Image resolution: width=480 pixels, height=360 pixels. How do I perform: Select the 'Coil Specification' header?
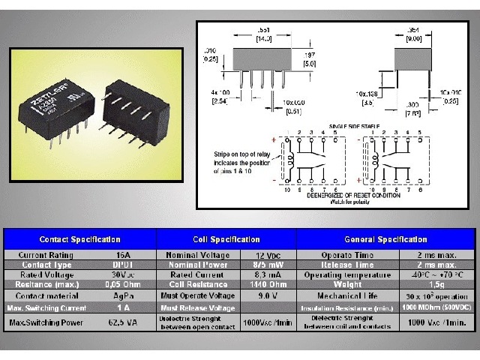click(226, 239)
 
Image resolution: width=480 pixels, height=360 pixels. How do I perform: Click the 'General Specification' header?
click(385, 239)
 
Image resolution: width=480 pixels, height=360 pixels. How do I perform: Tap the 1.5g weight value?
click(436, 284)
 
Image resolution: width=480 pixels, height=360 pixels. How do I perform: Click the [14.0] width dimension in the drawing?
click(264, 37)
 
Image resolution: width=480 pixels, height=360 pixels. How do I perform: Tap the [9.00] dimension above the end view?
click(413, 37)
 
